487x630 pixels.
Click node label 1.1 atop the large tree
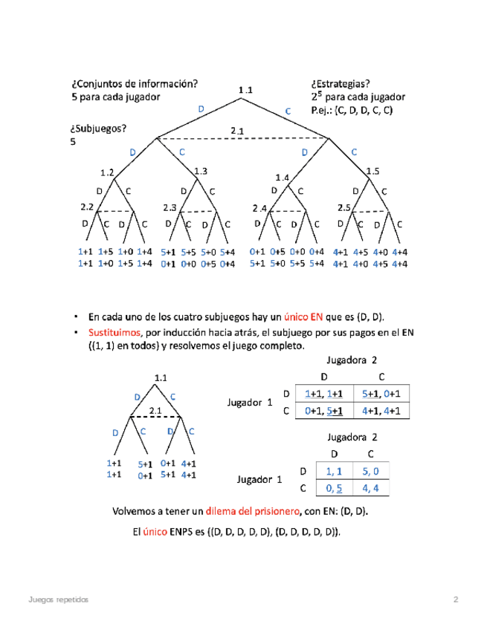(245, 91)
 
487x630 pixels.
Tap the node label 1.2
(106, 173)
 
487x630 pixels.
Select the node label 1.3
(200, 172)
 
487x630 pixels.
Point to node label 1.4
(282, 178)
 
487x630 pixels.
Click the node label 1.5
(372, 172)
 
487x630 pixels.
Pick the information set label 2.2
(87, 207)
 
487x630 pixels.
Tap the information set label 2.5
(344, 207)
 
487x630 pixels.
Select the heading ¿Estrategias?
(341, 84)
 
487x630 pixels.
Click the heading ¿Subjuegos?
(99, 127)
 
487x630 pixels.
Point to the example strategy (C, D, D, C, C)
(363, 111)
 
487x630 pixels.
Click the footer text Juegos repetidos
(57, 600)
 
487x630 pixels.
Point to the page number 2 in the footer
(456, 600)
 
